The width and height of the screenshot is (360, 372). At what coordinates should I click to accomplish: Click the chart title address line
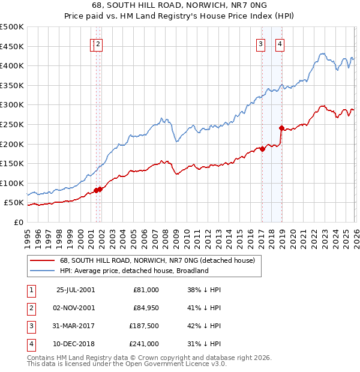click(x=180, y=6)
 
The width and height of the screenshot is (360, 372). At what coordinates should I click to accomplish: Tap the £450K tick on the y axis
click(x=12, y=46)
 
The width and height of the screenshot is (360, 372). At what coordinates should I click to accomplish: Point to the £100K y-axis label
click(x=12, y=183)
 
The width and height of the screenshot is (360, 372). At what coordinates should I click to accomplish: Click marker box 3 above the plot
click(x=261, y=43)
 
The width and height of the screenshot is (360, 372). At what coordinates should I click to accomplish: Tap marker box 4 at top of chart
click(x=280, y=43)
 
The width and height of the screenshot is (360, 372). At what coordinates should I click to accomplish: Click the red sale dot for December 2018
click(x=281, y=128)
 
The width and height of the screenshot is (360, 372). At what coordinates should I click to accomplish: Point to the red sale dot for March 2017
click(x=263, y=149)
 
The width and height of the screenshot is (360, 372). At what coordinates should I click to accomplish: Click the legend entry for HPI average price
click(x=133, y=271)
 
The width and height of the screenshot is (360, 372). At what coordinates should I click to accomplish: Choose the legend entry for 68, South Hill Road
click(x=157, y=260)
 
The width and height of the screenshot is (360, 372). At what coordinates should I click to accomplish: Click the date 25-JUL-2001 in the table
click(x=75, y=289)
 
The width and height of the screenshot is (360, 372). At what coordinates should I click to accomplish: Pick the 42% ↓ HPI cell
click(x=204, y=326)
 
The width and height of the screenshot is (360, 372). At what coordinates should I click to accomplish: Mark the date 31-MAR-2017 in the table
click(x=75, y=326)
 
